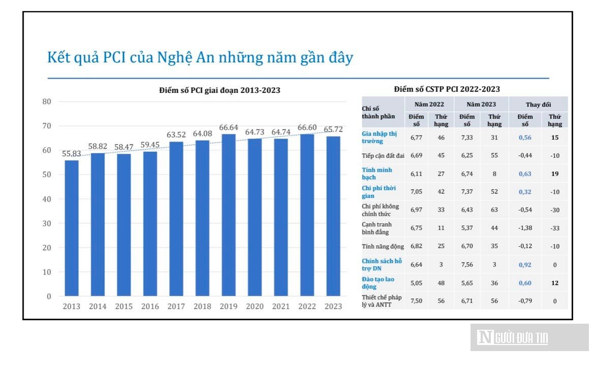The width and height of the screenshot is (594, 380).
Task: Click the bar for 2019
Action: tap(229, 215)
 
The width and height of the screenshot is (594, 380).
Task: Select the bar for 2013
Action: tap(72, 228)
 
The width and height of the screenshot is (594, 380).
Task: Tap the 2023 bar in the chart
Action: tap(333, 216)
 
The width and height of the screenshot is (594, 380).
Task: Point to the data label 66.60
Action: tap(307, 127)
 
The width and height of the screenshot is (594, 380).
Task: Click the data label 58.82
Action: tap(98, 146)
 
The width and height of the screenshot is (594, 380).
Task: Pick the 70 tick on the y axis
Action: tap(47, 126)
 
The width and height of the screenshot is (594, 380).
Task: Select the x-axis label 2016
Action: tap(150, 306)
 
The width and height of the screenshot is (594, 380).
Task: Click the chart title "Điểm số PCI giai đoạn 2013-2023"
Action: tap(220, 90)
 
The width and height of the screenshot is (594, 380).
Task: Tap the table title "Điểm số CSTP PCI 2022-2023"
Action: tap(447, 89)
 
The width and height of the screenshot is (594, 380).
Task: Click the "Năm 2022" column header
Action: tap(429, 105)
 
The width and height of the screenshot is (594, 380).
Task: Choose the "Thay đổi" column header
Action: tap(538, 105)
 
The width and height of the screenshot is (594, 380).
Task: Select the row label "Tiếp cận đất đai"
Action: tap(383, 155)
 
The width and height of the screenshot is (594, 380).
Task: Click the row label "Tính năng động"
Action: tap(383, 246)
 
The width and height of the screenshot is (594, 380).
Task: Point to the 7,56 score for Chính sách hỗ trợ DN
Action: tap(467, 264)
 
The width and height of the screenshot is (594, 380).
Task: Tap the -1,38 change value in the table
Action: tap(525, 228)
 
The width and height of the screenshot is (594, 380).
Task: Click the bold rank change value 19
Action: tap(555, 174)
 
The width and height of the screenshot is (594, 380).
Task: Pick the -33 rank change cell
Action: tap(555, 228)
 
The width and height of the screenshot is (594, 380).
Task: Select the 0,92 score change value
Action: tap(525, 265)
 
